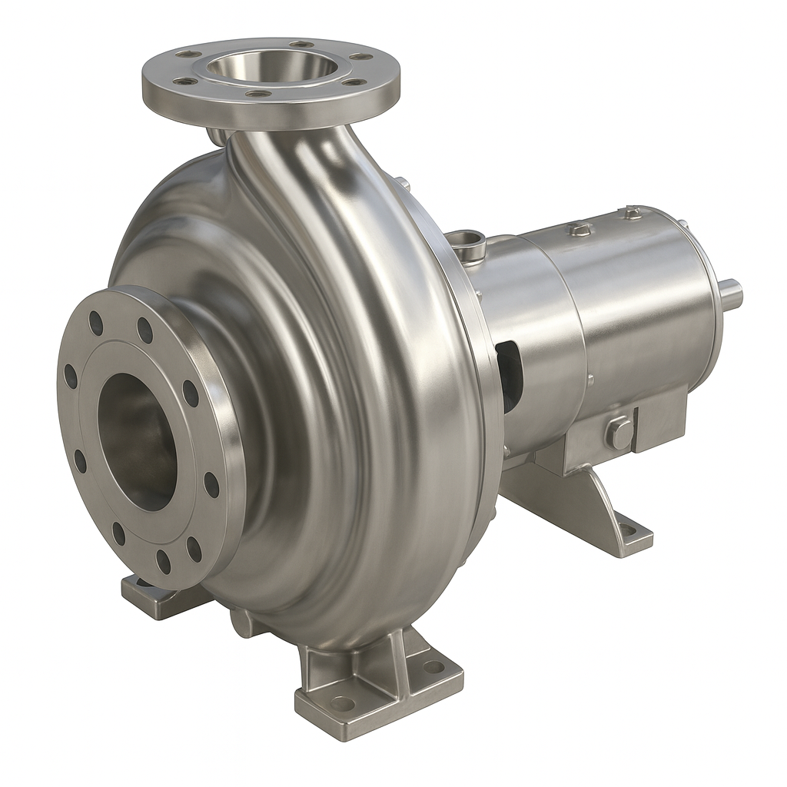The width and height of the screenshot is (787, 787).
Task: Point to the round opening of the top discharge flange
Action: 271,66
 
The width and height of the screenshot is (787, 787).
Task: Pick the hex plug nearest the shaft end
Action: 632,213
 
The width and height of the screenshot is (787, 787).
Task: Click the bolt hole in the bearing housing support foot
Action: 629,530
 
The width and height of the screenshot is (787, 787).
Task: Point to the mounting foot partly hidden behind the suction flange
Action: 146,593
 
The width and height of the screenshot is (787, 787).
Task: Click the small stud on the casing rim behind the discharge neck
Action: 400,183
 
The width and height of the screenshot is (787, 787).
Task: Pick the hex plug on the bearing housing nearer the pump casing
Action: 580,229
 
